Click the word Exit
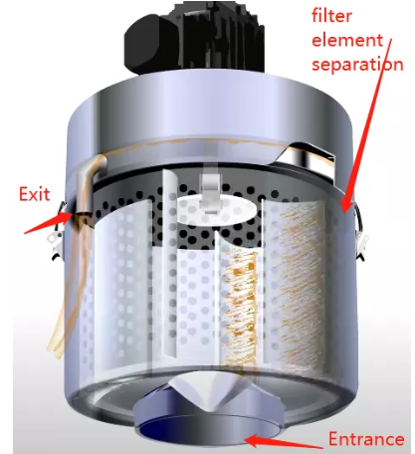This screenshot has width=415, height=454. (34, 194)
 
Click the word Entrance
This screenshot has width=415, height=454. (366, 439)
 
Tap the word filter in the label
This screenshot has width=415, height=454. (331, 15)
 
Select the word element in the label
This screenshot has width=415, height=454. (348, 40)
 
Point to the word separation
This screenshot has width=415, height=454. (357, 64)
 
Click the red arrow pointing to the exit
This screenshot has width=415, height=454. (48, 223)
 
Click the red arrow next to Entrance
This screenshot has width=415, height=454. (285, 442)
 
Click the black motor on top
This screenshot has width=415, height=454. (195, 37)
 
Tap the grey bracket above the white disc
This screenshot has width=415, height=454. (211, 191)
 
